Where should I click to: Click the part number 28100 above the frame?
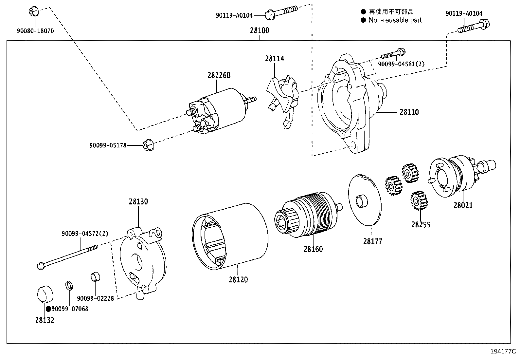point(259,30)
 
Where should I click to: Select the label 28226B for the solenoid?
point(219,76)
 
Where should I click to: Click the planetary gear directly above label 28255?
point(417,201)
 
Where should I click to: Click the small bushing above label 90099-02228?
point(95,277)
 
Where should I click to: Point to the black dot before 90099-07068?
point(48,309)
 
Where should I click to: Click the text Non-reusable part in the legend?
point(395,20)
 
